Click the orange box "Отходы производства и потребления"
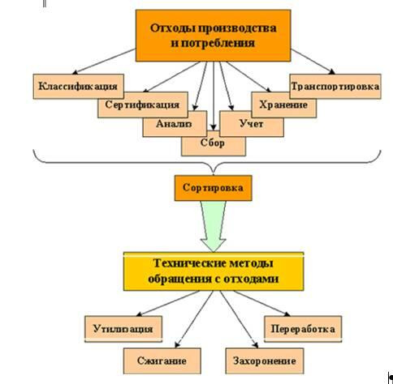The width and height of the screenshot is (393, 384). pyautogui.click(x=213, y=36)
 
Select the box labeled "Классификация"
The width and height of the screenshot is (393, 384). pyautogui.click(x=79, y=87)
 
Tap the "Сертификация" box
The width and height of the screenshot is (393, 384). pyautogui.click(x=143, y=105)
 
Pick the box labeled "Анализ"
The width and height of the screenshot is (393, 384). pyautogui.click(x=175, y=124)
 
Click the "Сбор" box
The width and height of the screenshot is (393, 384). pyautogui.click(x=214, y=143)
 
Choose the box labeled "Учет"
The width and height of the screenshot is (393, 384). pyautogui.click(x=252, y=124)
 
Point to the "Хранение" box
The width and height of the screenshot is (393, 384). pyautogui.click(x=283, y=105)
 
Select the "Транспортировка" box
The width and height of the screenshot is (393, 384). pyautogui.click(x=335, y=87)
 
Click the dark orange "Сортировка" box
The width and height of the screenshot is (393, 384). pyautogui.click(x=213, y=188)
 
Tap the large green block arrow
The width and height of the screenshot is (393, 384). pyautogui.click(x=214, y=226)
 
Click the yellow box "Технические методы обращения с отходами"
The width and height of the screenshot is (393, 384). pyautogui.click(x=214, y=271)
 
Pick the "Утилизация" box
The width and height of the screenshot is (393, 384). pyautogui.click(x=123, y=329)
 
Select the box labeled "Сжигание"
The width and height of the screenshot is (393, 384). pyautogui.click(x=162, y=361)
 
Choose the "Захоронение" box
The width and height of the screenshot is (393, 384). pyautogui.click(x=265, y=361)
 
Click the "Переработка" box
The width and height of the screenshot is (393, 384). pyautogui.click(x=303, y=329)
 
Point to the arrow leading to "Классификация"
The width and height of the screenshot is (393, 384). pyautogui.click(x=104, y=62)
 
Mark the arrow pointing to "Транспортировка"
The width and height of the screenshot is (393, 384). pyautogui.click(x=313, y=62)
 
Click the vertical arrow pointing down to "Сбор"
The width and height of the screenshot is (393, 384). pyautogui.click(x=214, y=96)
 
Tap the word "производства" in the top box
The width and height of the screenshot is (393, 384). pyautogui.click(x=232, y=28)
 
